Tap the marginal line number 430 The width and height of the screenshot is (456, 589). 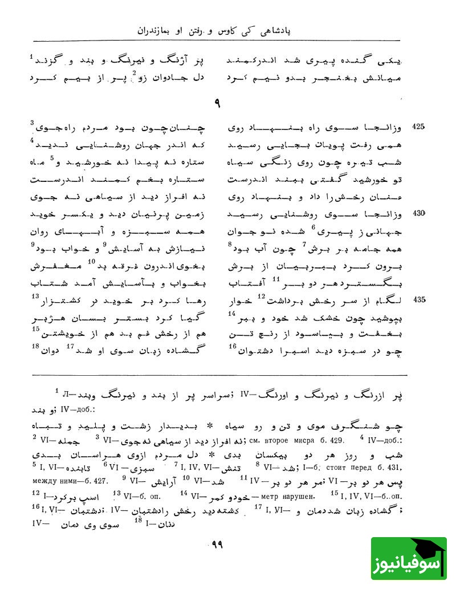[420, 213]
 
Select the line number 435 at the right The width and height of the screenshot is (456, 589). [420, 299]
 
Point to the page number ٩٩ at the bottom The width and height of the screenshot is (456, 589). [216, 544]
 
